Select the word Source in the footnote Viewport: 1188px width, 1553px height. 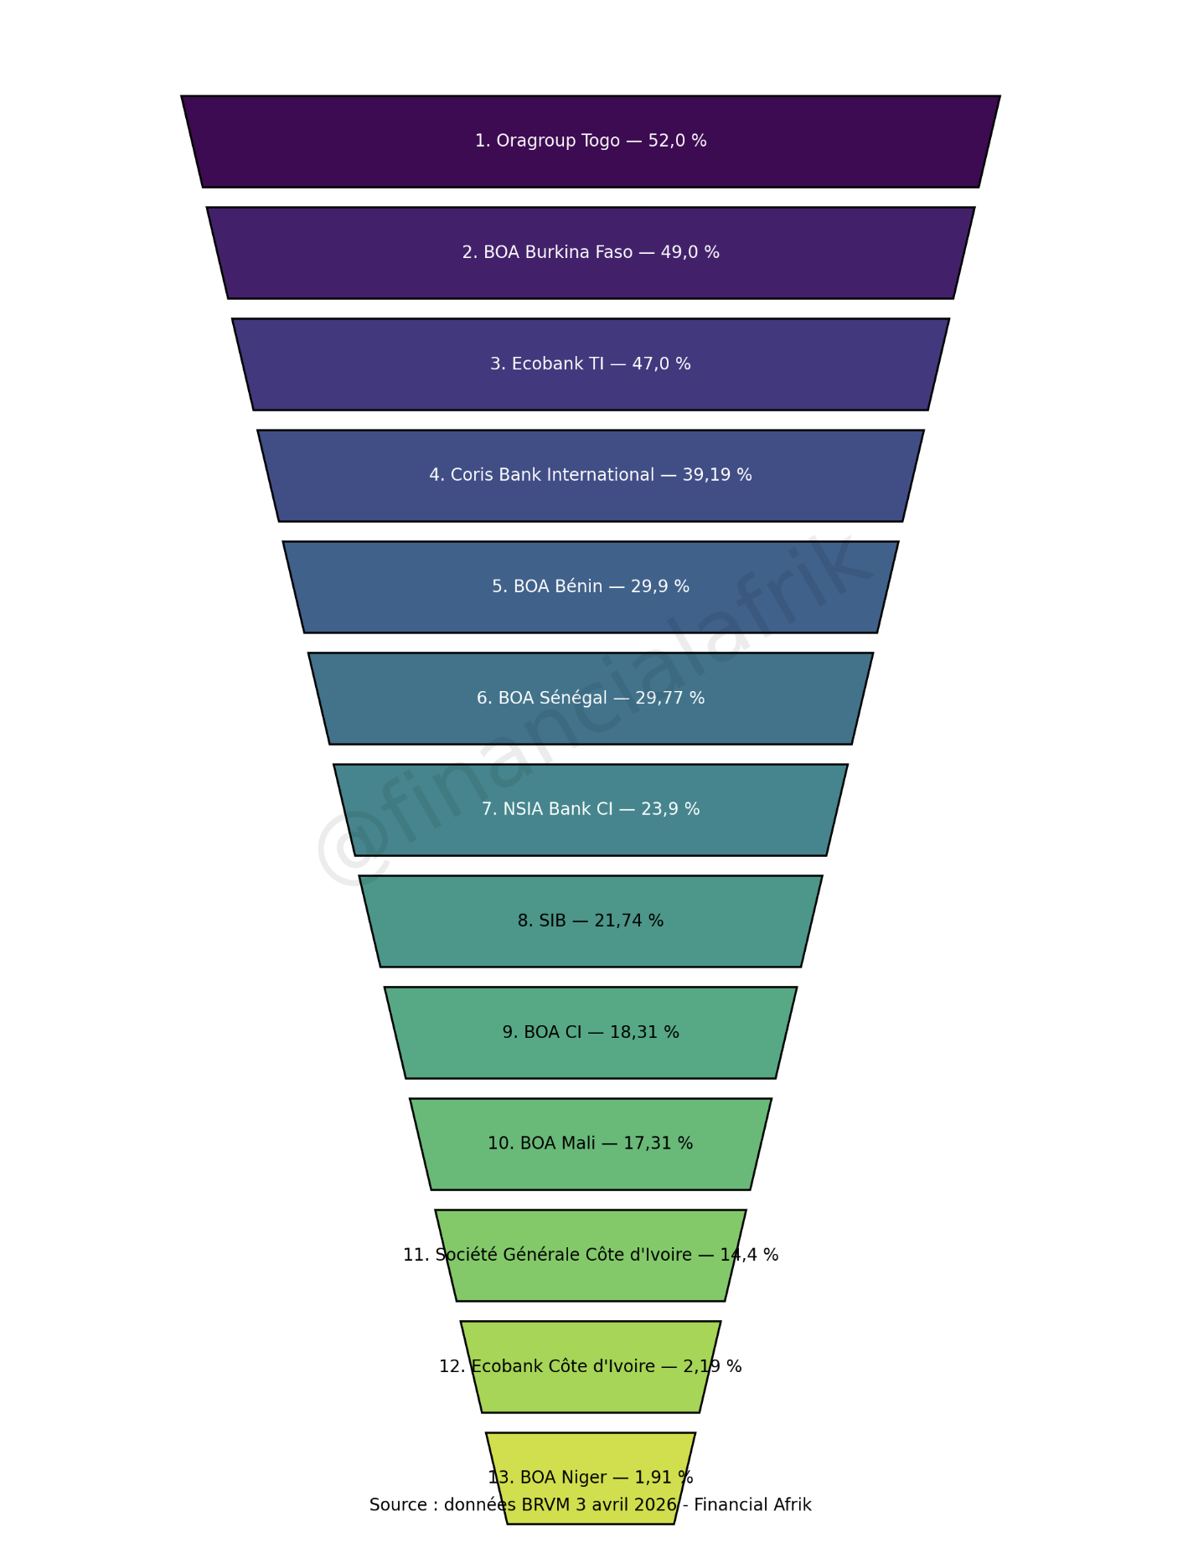click(397, 1505)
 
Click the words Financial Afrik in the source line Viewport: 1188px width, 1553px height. click(752, 1505)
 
